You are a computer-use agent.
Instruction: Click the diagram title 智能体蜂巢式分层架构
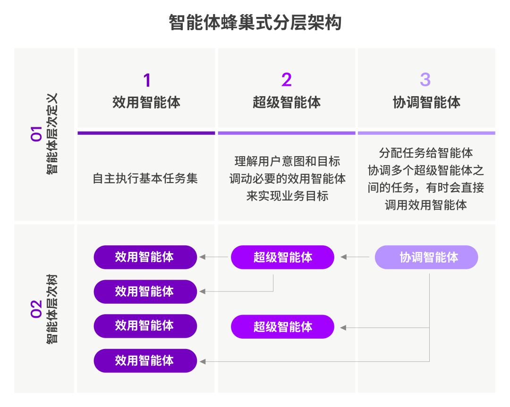pyautogui.click(x=255, y=23)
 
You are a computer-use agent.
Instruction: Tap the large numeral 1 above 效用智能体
pyautogui.click(x=146, y=80)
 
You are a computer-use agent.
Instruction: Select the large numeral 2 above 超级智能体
pyautogui.click(x=286, y=80)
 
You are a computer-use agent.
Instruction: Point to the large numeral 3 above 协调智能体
pyautogui.click(x=425, y=80)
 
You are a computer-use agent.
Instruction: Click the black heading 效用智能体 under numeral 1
pyautogui.click(x=146, y=102)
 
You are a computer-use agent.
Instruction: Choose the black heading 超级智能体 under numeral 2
pyautogui.click(x=287, y=102)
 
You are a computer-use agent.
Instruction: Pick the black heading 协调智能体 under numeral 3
pyautogui.click(x=426, y=102)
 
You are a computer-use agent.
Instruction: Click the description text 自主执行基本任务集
pyautogui.click(x=145, y=179)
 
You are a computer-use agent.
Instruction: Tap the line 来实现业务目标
pyautogui.click(x=287, y=196)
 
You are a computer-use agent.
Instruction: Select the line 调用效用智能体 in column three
pyautogui.click(x=426, y=205)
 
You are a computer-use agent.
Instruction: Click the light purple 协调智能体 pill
pyautogui.click(x=426, y=257)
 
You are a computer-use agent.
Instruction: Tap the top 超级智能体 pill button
pyautogui.click(x=282, y=257)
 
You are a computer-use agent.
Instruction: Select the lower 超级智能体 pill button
pyautogui.click(x=282, y=326)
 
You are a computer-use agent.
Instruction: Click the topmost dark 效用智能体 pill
pyautogui.click(x=145, y=257)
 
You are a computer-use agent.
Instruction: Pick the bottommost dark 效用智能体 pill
pyautogui.click(x=145, y=361)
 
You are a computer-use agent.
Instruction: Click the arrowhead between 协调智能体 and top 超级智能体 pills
pyautogui.click(x=344, y=257)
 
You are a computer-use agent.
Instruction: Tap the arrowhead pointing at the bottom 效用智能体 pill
pyautogui.click(x=203, y=361)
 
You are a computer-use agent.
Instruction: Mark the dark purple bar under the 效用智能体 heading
pyautogui.click(x=146, y=133)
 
